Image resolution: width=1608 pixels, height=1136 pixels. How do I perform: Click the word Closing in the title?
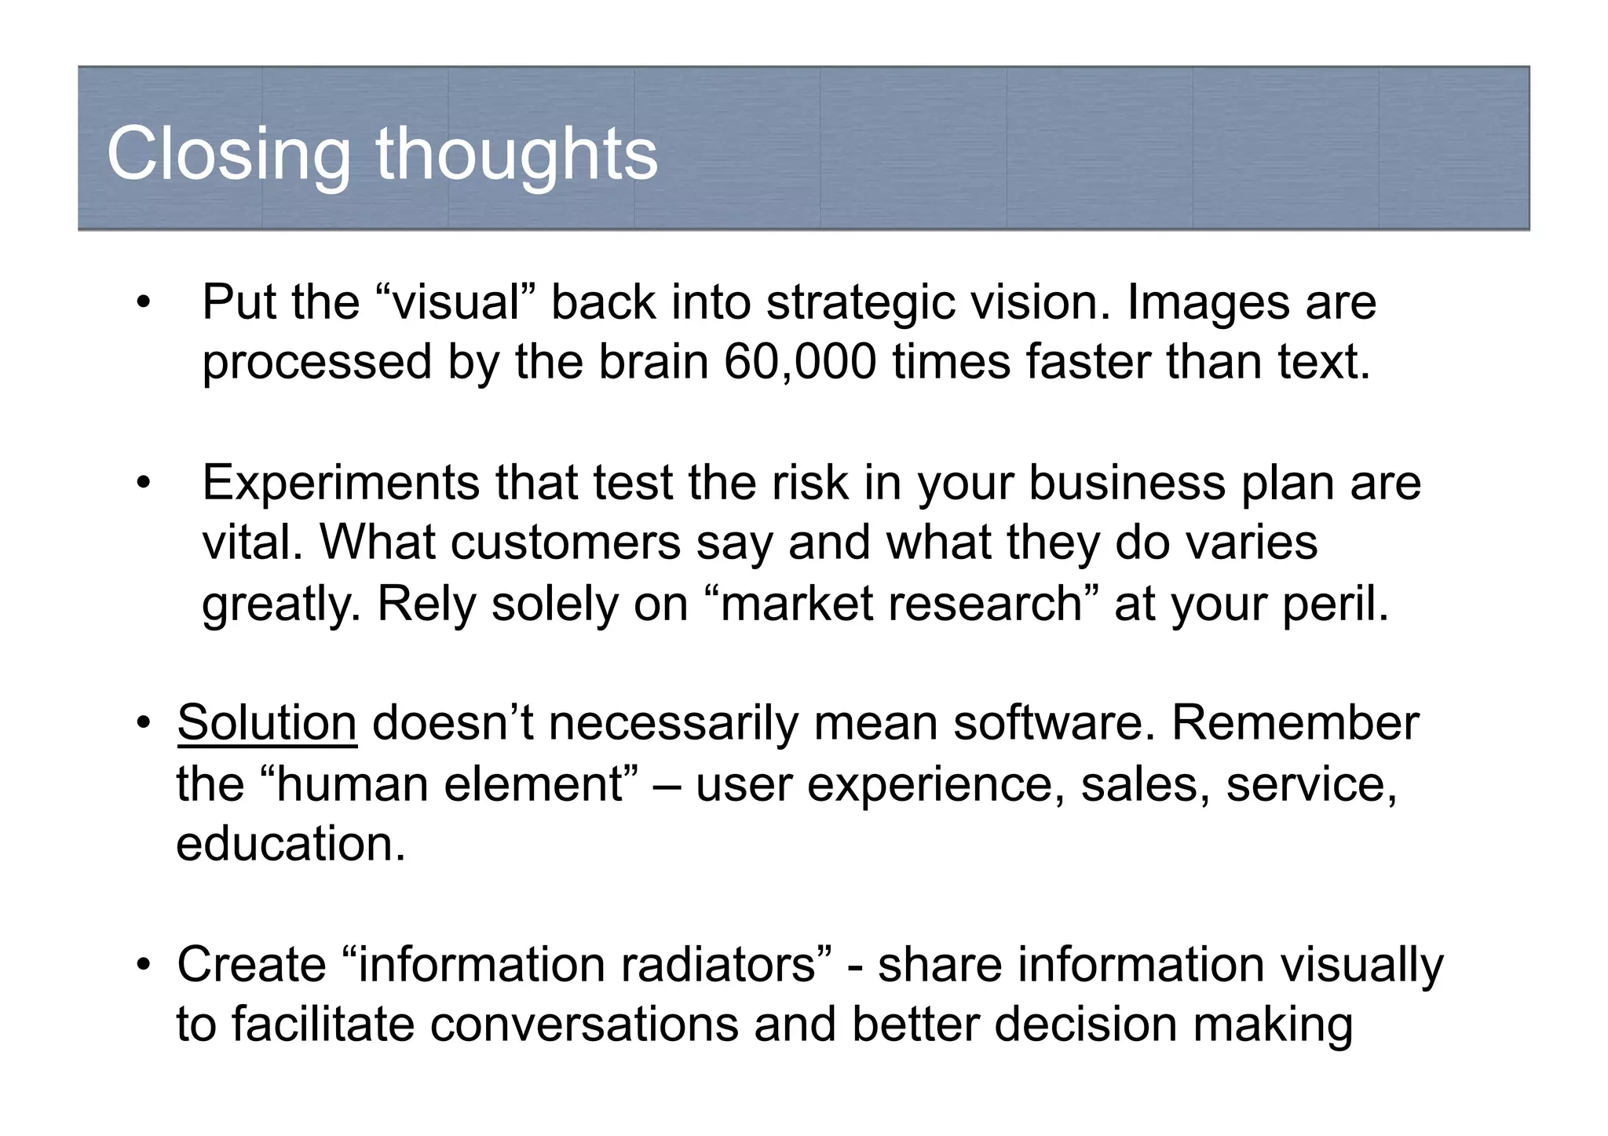pyautogui.click(x=228, y=155)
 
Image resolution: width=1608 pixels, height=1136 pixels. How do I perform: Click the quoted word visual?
pyautogui.click(x=456, y=302)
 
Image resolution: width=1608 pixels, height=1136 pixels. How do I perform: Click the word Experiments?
pyautogui.click(x=341, y=483)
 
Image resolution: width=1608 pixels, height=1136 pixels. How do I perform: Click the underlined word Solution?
pyautogui.click(x=267, y=722)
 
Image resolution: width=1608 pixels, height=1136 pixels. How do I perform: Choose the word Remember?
pyautogui.click(x=1296, y=722)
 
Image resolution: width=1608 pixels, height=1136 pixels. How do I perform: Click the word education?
pyautogui.click(x=291, y=844)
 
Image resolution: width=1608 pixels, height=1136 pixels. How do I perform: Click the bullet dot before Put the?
pyautogui.click(x=142, y=304)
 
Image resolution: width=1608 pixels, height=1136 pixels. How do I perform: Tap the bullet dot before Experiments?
pyautogui.click(x=142, y=484)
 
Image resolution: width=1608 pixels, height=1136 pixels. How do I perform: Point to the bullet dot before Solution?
pyautogui.click(x=142, y=724)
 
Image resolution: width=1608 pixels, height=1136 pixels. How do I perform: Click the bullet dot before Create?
pyautogui.click(x=142, y=966)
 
